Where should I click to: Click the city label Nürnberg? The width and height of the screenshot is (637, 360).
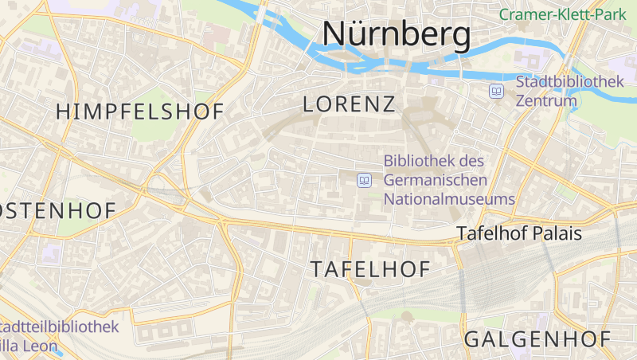[x=396, y=34]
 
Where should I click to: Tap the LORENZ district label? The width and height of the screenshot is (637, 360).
[x=350, y=104]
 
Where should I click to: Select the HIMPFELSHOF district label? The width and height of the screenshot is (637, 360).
[x=140, y=112]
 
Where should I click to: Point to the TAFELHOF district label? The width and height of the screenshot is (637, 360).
[x=370, y=269]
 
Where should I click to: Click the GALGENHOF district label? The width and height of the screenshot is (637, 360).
[x=538, y=338]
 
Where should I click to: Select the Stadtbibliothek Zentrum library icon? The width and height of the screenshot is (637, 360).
[x=497, y=92]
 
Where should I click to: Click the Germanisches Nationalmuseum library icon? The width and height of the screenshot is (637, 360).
[x=365, y=180]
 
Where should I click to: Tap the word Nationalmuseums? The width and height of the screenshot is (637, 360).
[x=449, y=199]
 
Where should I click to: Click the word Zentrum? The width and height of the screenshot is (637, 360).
[x=546, y=101]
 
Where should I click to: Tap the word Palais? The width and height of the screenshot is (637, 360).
[x=558, y=234]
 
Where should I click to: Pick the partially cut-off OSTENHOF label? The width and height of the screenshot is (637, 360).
[x=57, y=210]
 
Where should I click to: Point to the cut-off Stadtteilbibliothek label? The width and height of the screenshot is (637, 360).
[x=60, y=327]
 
